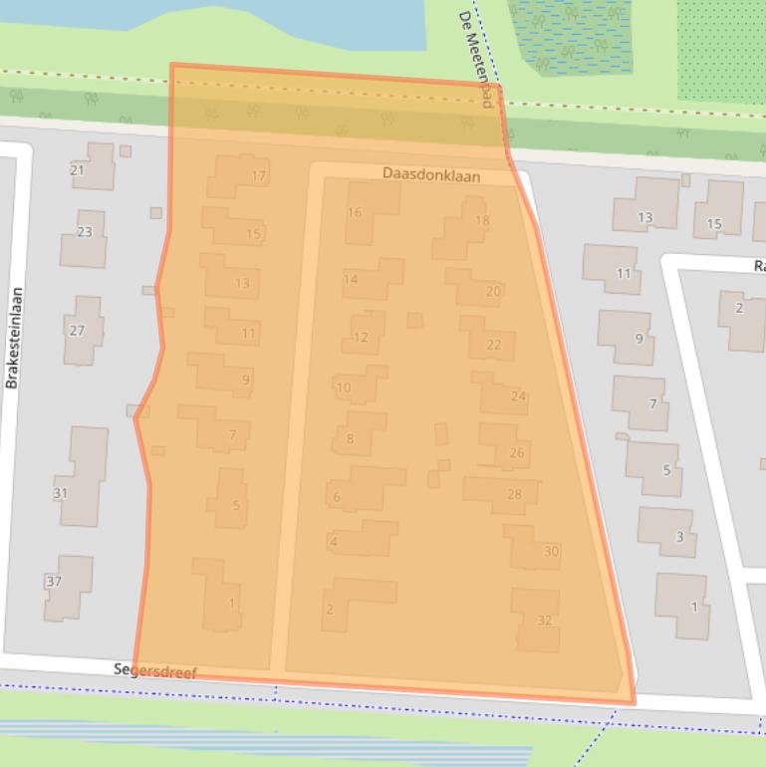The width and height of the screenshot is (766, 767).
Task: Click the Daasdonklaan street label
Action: (431, 175)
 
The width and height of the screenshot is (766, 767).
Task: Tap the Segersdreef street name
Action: (154, 672)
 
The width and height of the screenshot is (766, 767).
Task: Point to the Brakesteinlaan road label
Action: (14, 338)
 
